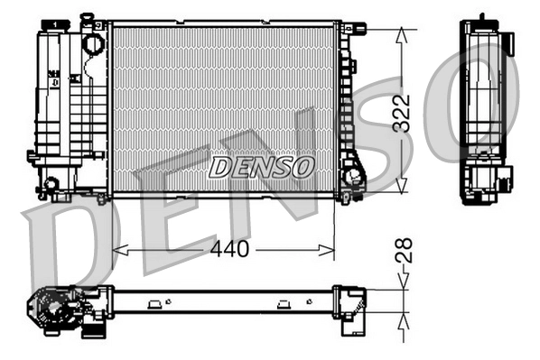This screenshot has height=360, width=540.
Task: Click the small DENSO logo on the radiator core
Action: click(261, 167)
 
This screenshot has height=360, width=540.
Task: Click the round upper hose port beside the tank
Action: click(93, 42)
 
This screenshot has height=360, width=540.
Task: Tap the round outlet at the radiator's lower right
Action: click(351, 175)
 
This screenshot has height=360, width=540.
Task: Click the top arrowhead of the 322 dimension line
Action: click(401, 33)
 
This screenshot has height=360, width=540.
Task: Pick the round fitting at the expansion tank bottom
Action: click(51, 185)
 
